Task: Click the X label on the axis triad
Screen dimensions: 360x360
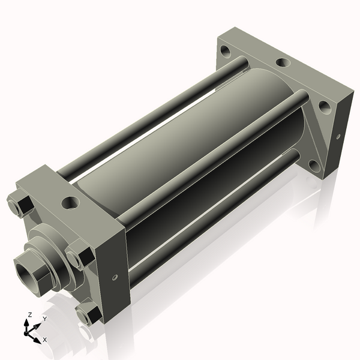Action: [x=45, y=340]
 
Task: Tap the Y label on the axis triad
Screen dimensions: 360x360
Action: [x=44, y=319]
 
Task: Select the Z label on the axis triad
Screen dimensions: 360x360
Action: [x=29, y=314]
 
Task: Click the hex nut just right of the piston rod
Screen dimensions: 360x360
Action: [x=78, y=257]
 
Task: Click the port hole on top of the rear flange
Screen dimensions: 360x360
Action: [x=281, y=62]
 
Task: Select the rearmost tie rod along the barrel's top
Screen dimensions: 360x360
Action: [x=150, y=120]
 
